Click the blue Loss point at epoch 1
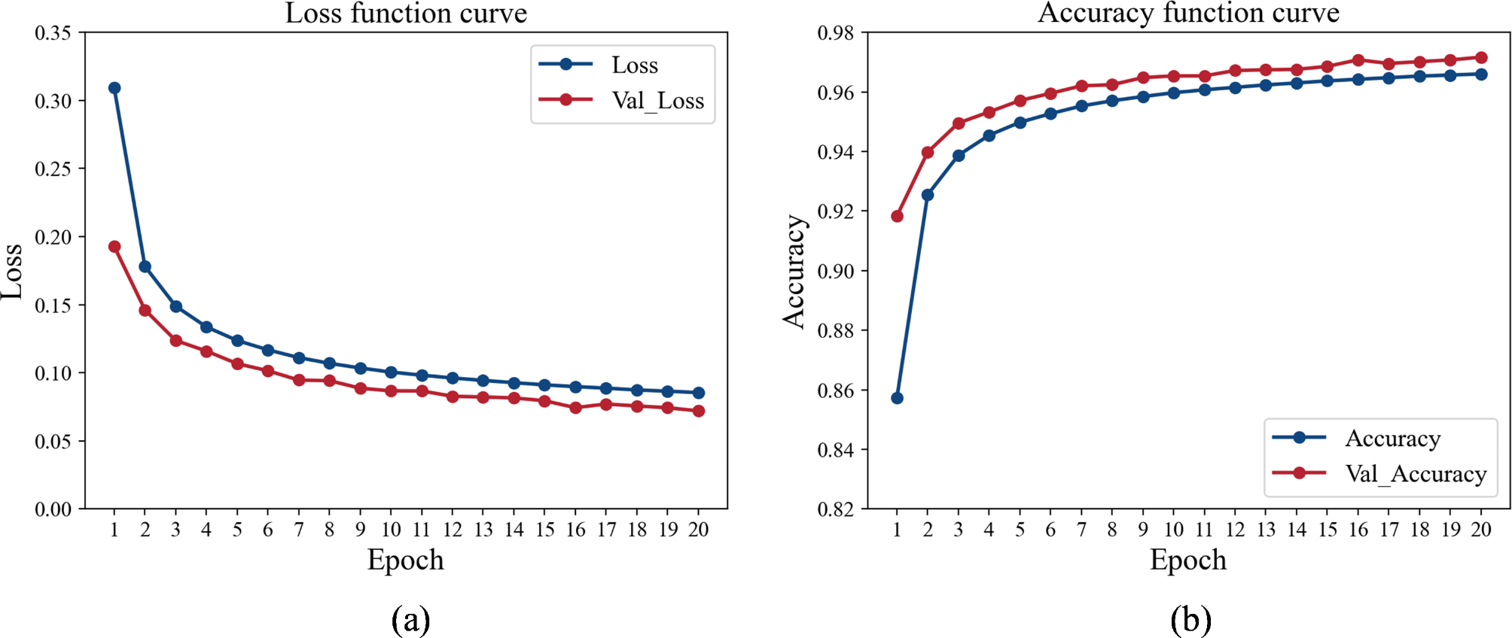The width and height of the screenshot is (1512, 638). point(114,88)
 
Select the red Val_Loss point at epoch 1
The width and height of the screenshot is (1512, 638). point(114,247)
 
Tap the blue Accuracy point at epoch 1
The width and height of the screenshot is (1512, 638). point(897,398)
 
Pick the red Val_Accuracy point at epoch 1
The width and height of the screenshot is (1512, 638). point(897,217)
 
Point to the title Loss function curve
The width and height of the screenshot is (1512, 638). point(406,13)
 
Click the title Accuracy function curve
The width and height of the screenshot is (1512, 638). point(1188,13)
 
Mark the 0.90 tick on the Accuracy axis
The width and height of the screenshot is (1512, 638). point(836,271)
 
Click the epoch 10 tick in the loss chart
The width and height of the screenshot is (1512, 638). point(391,530)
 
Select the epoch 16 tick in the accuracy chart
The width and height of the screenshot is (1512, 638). point(1358,530)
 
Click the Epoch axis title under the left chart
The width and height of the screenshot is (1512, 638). point(405,561)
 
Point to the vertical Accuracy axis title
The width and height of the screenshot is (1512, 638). point(794,272)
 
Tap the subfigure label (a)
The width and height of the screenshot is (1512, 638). point(410,620)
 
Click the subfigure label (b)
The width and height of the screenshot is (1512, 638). point(1190,620)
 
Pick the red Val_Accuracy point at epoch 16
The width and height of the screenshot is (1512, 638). point(1358,60)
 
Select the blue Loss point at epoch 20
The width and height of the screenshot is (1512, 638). point(699,393)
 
